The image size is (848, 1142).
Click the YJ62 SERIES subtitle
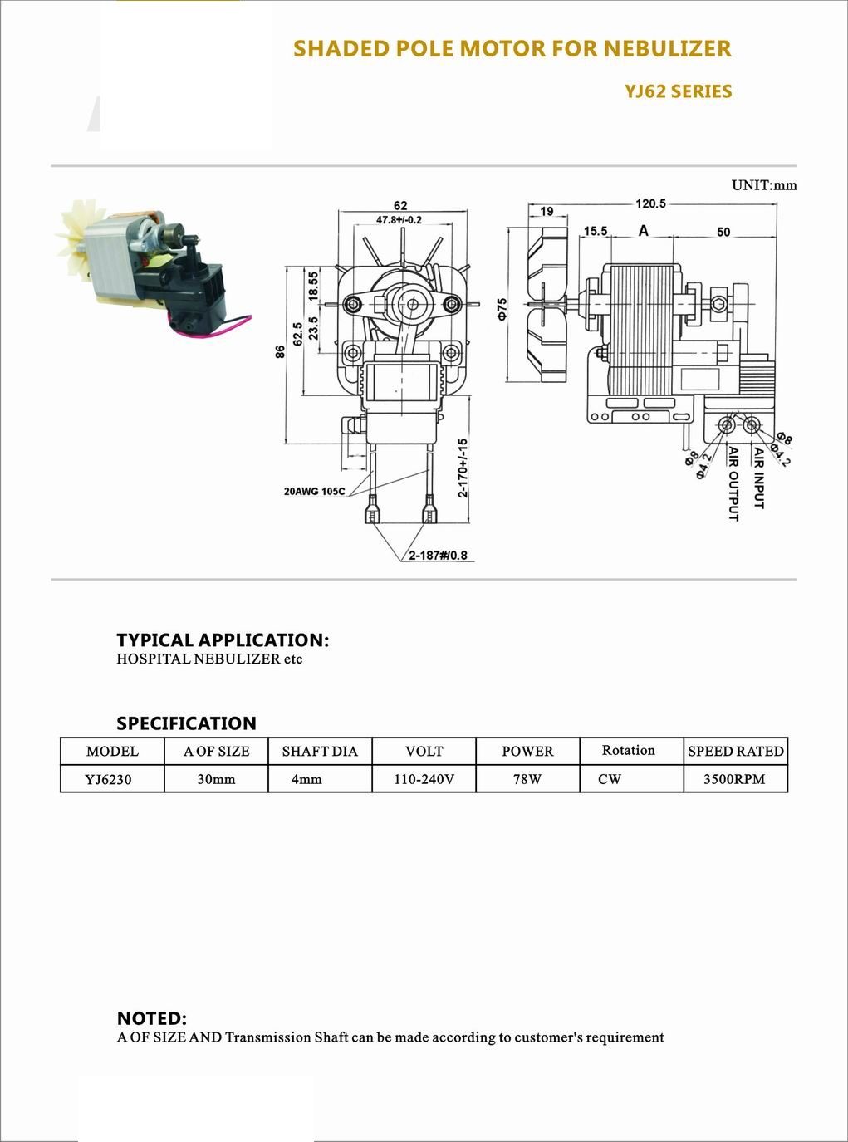point(678,91)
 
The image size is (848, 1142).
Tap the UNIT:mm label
point(764,185)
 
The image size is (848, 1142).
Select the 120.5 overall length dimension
point(650,203)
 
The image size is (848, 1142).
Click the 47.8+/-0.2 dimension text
point(399,220)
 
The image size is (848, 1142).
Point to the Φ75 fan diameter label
point(502,308)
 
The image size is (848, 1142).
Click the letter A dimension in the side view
point(643,231)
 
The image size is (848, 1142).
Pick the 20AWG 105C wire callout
point(315,491)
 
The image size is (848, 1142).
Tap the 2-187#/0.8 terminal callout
point(439,555)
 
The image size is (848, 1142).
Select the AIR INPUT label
point(759,478)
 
